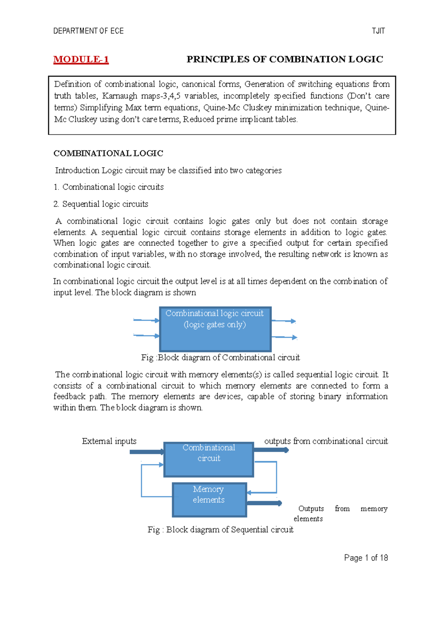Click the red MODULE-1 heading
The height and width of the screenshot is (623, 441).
pyautogui.click(x=81, y=59)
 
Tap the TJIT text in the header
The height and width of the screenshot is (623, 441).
pyautogui.click(x=378, y=31)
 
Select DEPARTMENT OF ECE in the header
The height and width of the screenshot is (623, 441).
pyautogui.click(x=88, y=31)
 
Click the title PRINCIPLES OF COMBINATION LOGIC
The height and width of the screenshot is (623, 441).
pyautogui.click(x=285, y=59)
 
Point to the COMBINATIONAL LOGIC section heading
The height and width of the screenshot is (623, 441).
pyautogui.click(x=108, y=153)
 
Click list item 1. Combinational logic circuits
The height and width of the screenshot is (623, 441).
pyautogui.click(x=108, y=187)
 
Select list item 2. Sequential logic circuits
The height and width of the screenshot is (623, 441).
pyautogui.click(x=101, y=204)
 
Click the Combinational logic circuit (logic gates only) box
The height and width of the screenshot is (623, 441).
pyautogui.click(x=215, y=329)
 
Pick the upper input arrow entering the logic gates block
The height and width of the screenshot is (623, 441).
pyautogui.click(x=146, y=320)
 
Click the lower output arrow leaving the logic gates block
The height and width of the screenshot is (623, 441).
pyautogui.click(x=284, y=337)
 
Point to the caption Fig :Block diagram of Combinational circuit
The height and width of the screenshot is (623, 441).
pyautogui.click(x=220, y=358)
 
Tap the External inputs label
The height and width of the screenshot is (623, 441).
pyautogui.click(x=109, y=441)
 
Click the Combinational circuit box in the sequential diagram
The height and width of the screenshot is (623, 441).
pyautogui.click(x=209, y=459)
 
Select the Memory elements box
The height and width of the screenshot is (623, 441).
pyautogui.click(x=209, y=500)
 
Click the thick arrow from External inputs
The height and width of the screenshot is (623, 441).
pyautogui.click(x=146, y=452)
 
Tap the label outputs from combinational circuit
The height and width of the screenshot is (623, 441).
pyautogui.click(x=326, y=441)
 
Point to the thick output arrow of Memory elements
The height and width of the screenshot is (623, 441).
pyautogui.click(x=264, y=503)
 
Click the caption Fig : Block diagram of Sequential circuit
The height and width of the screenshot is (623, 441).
pyautogui.click(x=220, y=529)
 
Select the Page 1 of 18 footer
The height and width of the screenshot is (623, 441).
pyautogui.click(x=366, y=558)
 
